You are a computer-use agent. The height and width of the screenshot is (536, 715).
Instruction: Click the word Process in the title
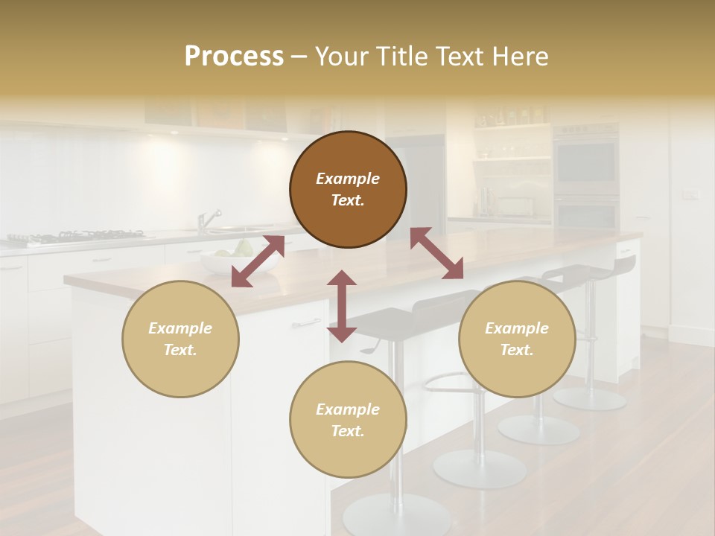(x=234, y=57)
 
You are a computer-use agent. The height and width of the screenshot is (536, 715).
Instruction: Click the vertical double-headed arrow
(x=342, y=306)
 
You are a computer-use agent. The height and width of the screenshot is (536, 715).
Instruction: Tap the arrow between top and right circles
(x=436, y=254)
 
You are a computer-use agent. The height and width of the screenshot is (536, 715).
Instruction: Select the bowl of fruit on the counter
(x=240, y=258)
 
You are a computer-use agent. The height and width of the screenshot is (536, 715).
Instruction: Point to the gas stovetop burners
(x=74, y=237)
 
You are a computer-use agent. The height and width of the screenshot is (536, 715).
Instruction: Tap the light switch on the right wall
(x=690, y=195)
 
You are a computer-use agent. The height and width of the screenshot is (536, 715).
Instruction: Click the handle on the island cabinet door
(x=306, y=323)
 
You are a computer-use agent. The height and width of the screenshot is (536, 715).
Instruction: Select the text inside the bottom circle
(x=348, y=420)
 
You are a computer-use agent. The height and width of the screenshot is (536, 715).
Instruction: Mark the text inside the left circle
(x=180, y=339)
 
